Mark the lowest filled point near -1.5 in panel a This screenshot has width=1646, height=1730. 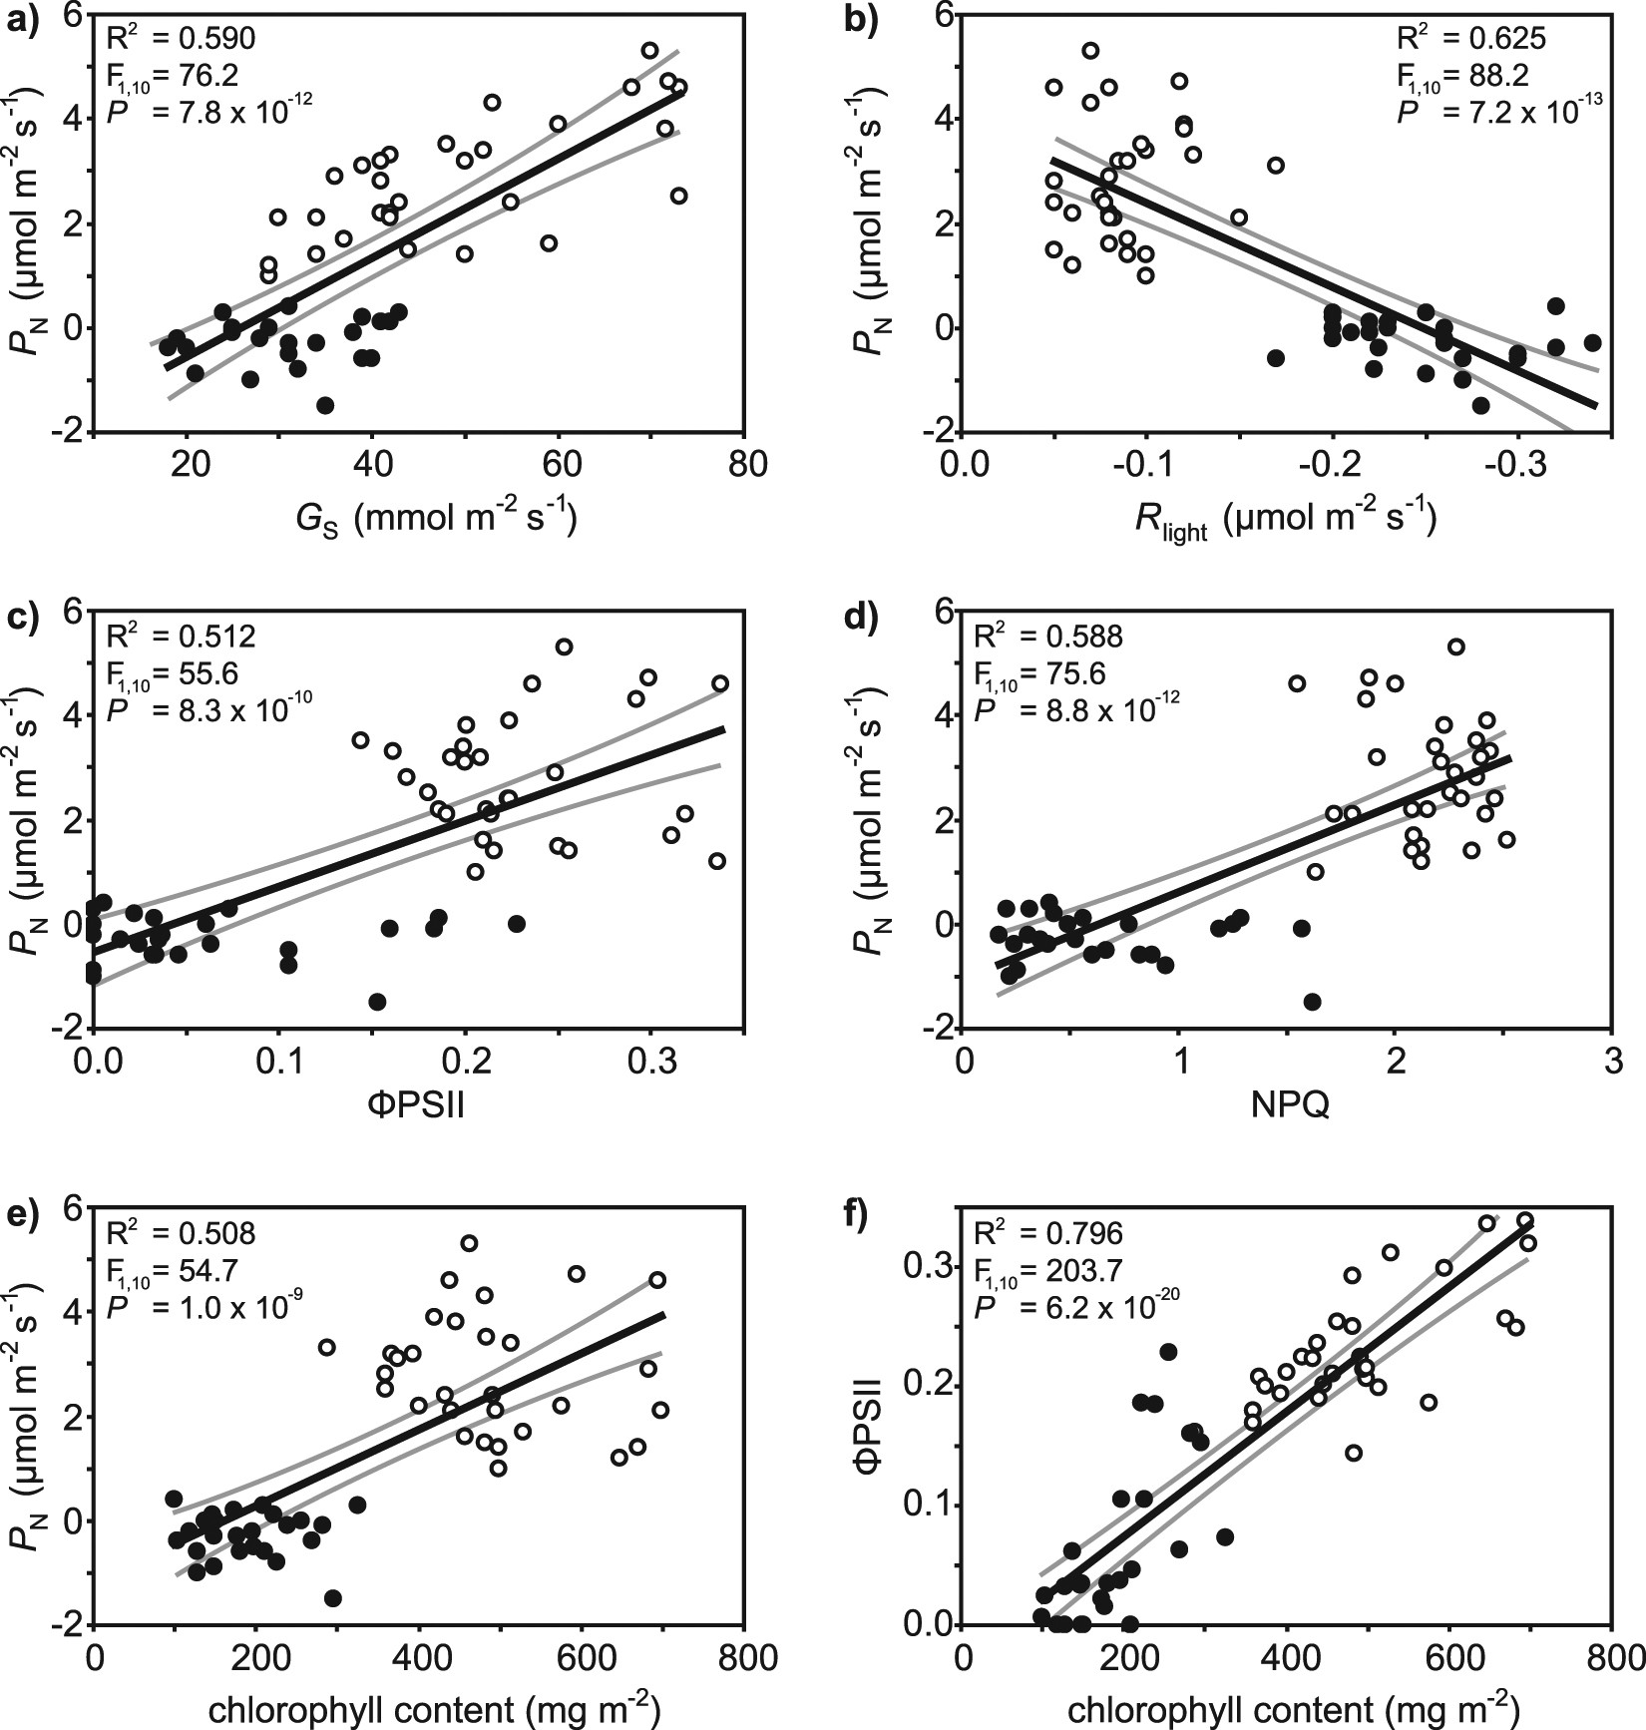tap(324, 405)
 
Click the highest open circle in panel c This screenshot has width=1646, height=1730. tap(564, 647)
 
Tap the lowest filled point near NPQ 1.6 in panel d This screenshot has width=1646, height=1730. tap(1313, 1001)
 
